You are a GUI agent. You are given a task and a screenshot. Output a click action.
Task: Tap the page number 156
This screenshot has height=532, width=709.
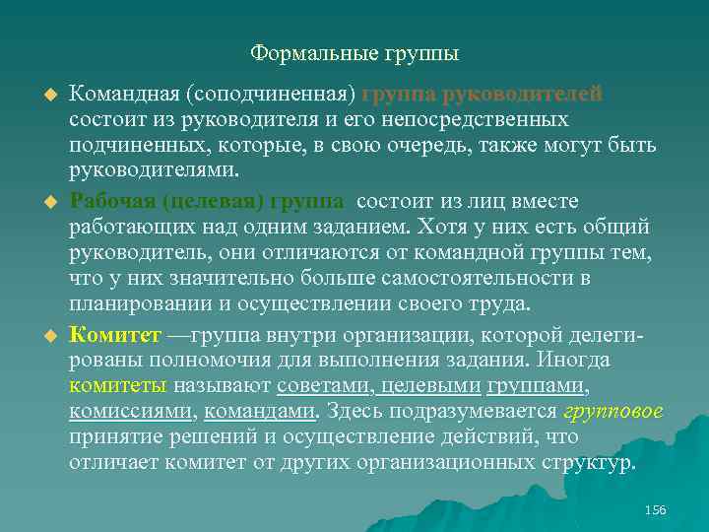click(x=655, y=509)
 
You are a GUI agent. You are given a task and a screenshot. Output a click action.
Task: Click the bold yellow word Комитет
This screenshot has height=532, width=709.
click(x=109, y=336)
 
